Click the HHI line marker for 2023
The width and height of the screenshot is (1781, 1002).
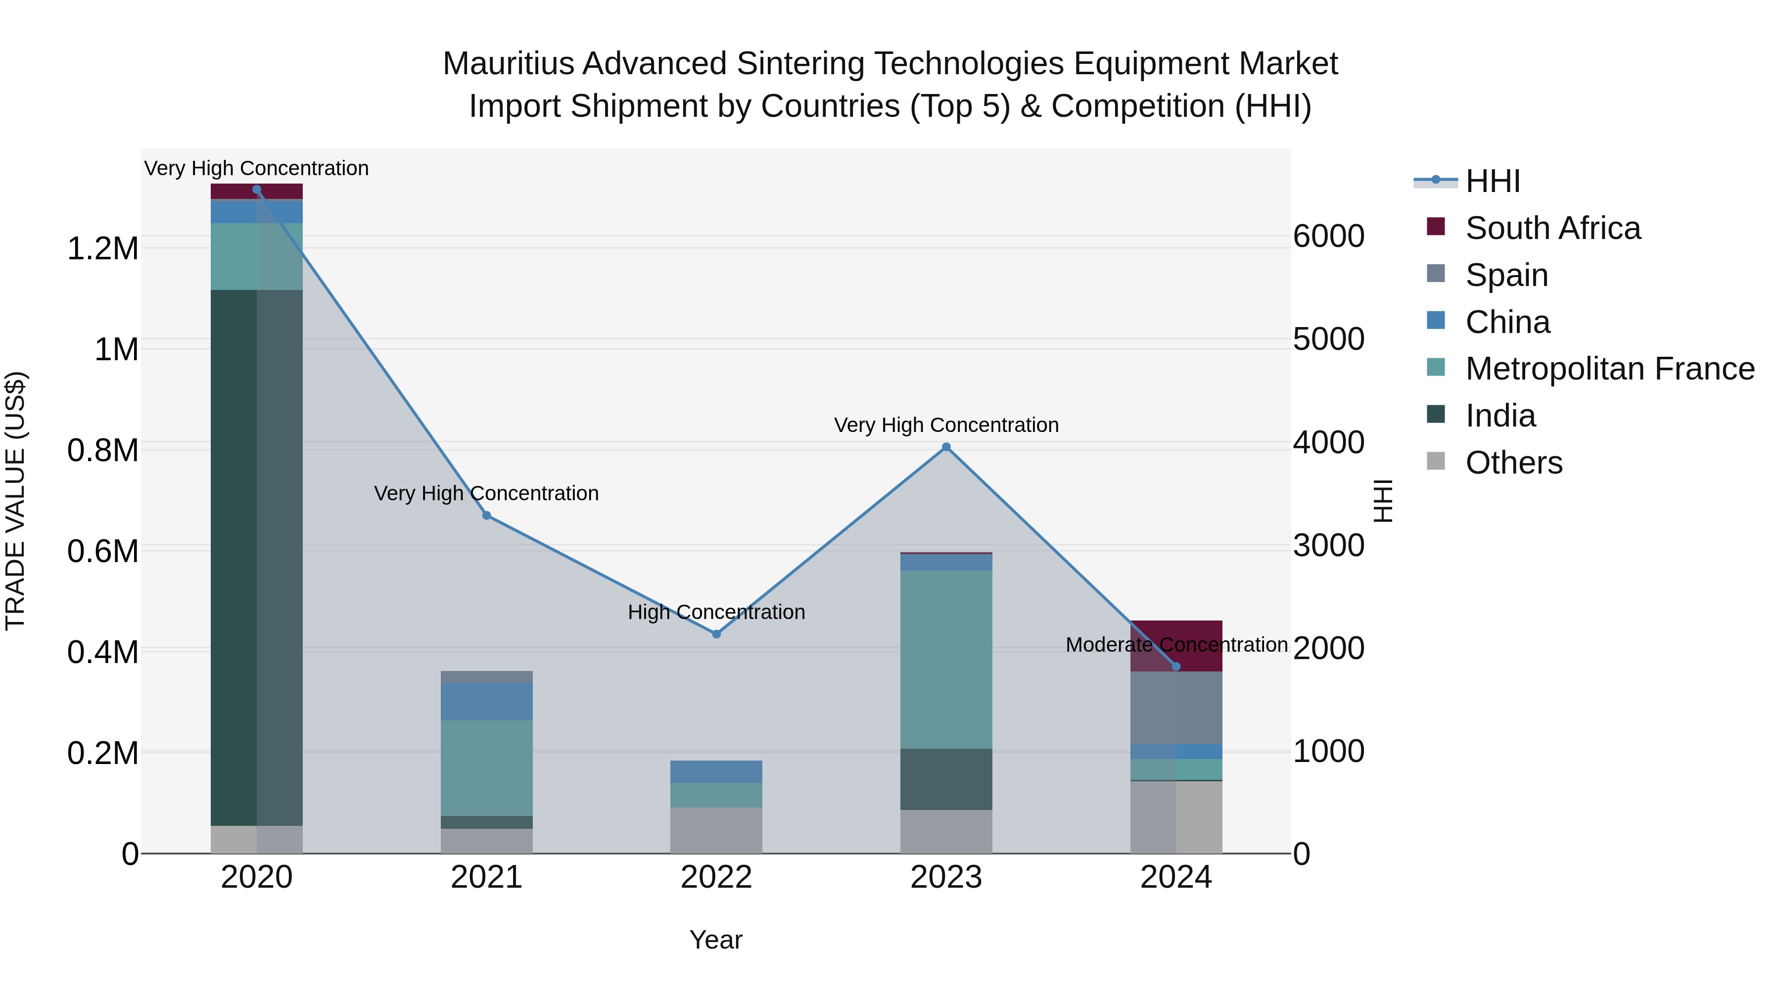pos(946,447)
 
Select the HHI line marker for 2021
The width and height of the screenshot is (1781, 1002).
pos(486,515)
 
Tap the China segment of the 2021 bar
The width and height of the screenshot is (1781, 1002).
pos(486,701)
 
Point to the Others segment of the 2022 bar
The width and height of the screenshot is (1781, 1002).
pos(716,830)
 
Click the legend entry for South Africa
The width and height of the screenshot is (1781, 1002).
pos(1552,228)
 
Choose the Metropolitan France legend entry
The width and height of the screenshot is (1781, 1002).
pos(1609,369)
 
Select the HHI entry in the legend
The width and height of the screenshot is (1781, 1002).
pos(1492,181)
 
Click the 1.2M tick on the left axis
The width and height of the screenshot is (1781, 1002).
pos(102,248)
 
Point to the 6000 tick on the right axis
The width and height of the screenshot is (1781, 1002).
pos(1328,237)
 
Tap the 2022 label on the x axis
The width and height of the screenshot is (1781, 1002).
pos(716,877)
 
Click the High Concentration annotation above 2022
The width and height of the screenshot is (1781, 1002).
pos(716,612)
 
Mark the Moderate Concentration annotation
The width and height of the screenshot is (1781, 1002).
pos(1176,644)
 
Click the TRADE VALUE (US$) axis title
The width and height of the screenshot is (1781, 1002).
pos(15,501)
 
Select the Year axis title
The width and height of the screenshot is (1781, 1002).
pos(715,940)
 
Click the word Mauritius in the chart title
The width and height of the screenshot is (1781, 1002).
pos(508,64)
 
